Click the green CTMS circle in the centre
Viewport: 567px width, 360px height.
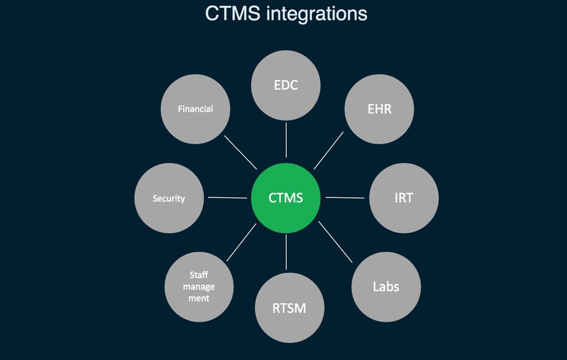point(286,197)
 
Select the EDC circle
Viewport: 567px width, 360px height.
point(286,86)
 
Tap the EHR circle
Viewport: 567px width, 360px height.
point(379,109)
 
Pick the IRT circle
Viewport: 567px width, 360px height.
point(404,197)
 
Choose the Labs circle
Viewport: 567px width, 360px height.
point(386,286)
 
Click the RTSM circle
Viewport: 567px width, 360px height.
point(289,307)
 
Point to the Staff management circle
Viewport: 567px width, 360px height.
point(199,286)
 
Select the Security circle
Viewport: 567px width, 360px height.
point(169,198)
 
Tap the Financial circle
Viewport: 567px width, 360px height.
point(195,109)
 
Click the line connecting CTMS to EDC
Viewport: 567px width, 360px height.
point(286,140)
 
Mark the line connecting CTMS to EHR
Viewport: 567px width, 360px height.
point(329,150)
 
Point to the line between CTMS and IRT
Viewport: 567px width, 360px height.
point(345,197)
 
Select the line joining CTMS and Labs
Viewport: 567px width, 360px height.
point(335,242)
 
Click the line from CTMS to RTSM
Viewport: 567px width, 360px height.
point(286,252)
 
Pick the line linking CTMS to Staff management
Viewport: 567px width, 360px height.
point(242,242)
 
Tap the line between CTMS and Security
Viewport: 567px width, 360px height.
point(227,197)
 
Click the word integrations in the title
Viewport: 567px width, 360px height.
point(316,13)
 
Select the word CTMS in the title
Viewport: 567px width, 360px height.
point(233,13)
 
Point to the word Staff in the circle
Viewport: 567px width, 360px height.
point(199,275)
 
